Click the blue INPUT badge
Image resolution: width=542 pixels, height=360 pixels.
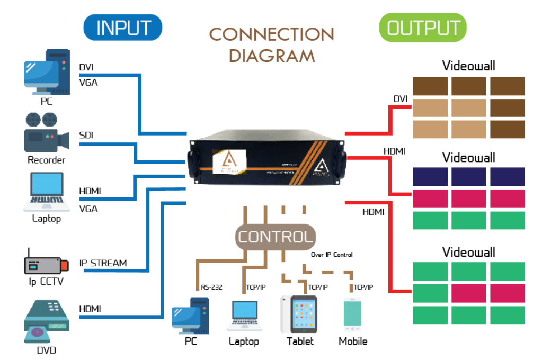(123, 28)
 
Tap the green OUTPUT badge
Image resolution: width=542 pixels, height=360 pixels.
(423, 28)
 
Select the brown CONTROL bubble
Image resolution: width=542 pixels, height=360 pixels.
(275, 237)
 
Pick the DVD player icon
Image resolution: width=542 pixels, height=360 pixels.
(47, 321)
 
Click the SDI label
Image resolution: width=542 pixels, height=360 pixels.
(86, 136)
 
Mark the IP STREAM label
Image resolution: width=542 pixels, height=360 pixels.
(103, 263)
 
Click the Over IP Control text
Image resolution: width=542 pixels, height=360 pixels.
(332, 255)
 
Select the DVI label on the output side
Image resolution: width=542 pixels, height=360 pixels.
(401, 99)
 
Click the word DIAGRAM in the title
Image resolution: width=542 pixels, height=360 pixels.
(272, 56)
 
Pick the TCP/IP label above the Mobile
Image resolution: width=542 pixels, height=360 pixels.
(363, 287)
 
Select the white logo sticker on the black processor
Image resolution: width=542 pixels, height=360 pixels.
(228, 161)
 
